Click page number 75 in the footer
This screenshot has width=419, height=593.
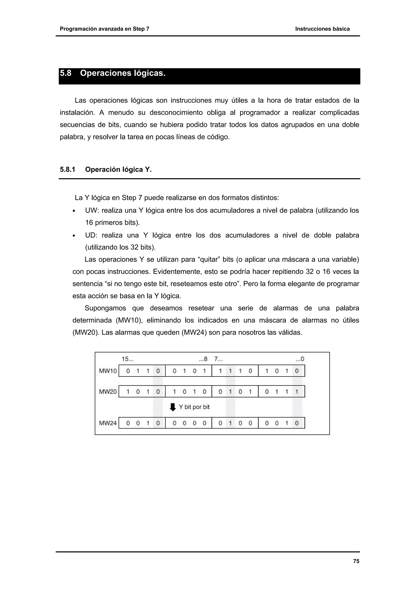pyautogui.click(x=356, y=561)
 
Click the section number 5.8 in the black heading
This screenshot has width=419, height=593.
pyautogui.click(x=66, y=73)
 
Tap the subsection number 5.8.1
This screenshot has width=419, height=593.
pyautogui.click(x=67, y=169)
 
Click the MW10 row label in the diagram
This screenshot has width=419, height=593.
pyautogui.click(x=108, y=371)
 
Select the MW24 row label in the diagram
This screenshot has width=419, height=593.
pyautogui.click(x=108, y=423)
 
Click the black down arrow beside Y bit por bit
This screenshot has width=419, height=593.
pyautogui.click(x=173, y=407)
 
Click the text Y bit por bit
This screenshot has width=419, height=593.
pyautogui.click(x=194, y=407)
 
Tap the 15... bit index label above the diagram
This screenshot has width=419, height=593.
pyautogui.click(x=127, y=359)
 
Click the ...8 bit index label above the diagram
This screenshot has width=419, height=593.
pyautogui.click(x=203, y=359)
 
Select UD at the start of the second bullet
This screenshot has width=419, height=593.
pyautogui.click(x=91, y=235)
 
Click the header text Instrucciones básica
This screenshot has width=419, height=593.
pyautogui.click(x=322, y=29)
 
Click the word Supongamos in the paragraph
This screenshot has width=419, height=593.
pyautogui.click(x=105, y=308)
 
